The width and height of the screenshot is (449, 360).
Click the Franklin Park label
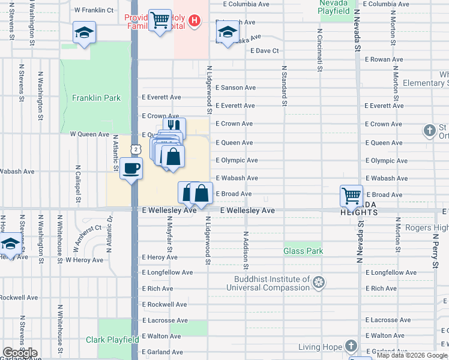(96, 98)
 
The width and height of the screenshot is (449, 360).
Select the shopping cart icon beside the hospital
(159, 21)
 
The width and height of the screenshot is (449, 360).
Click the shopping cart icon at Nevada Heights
(351, 195)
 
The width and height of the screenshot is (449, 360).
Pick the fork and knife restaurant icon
(174, 127)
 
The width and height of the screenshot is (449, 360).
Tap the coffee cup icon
(131, 168)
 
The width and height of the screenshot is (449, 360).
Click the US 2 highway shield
(136, 149)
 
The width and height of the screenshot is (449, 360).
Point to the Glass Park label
(303, 251)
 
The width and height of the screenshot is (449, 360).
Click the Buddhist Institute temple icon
(319, 281)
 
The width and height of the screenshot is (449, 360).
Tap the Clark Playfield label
(112, 340)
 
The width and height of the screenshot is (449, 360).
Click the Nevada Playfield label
(334, 7)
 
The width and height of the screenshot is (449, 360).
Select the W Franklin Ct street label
(94, 10)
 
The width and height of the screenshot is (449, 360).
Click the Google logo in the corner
(20, 353)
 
